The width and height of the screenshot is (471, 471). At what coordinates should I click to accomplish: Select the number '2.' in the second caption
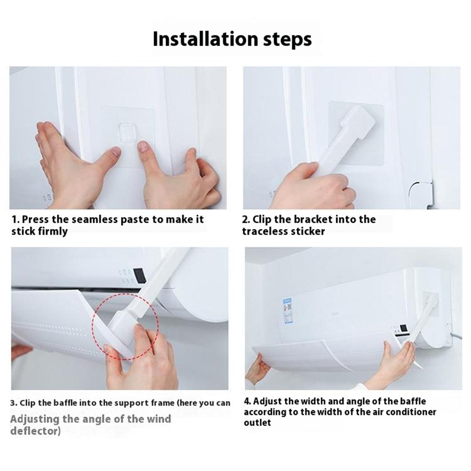(x=245, y=219)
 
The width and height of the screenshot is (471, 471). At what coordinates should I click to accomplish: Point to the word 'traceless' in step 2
(x=265, y=231)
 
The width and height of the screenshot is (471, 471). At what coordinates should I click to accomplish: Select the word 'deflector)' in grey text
(x=35, y=431)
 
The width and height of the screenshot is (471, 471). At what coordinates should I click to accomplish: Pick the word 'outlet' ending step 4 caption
(x=257, y=422)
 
